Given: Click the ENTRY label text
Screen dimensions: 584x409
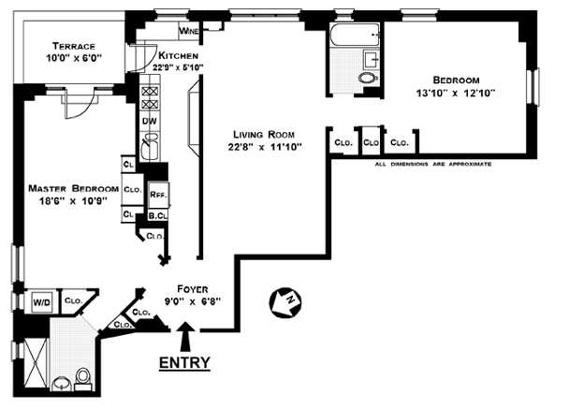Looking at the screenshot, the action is [184, 362].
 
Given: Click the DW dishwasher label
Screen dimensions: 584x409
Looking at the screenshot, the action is [149, 121].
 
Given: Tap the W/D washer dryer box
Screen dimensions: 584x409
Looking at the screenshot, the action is [42, 302].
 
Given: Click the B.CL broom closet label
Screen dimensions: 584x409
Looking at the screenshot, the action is [157, 216].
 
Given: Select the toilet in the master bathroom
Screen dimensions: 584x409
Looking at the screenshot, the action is [82, 377].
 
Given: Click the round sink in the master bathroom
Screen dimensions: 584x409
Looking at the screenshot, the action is [62, 383].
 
